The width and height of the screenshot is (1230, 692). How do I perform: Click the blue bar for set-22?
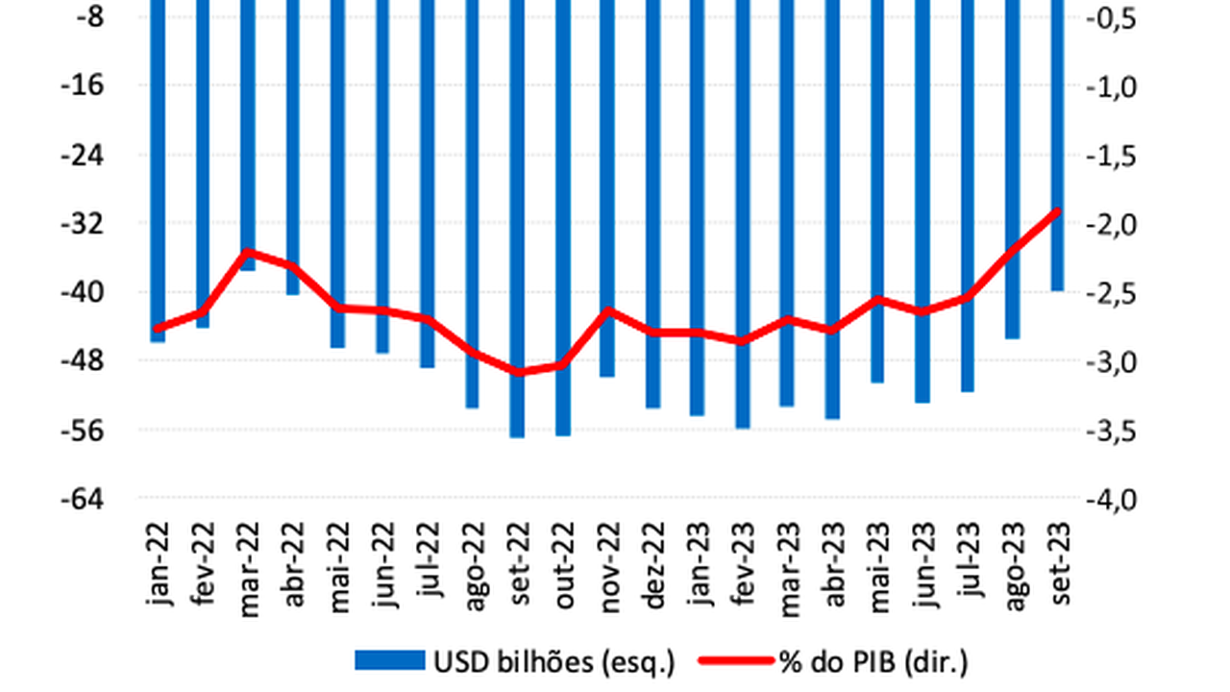click(x=517, y=221)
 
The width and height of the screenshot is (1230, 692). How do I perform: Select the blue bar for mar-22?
click(x=248, y=135)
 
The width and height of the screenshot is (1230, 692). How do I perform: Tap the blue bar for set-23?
click(x=1057, y=144)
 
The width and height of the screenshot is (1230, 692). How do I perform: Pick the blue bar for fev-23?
click(x=742, y=211)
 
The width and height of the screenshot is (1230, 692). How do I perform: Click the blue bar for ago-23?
click(x=1012, y=168)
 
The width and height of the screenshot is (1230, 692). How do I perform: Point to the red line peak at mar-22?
click(x=248, y=252)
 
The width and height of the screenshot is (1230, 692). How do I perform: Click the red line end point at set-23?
click(x=1057, y=211)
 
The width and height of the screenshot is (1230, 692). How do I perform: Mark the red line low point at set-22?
click(x=517, y=372)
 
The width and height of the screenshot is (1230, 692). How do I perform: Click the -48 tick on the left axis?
click(x=84, y=361)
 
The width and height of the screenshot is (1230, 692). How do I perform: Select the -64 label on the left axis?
click(x=84, y=500)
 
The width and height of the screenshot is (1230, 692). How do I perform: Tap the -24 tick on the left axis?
click(x=84, y=155)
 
